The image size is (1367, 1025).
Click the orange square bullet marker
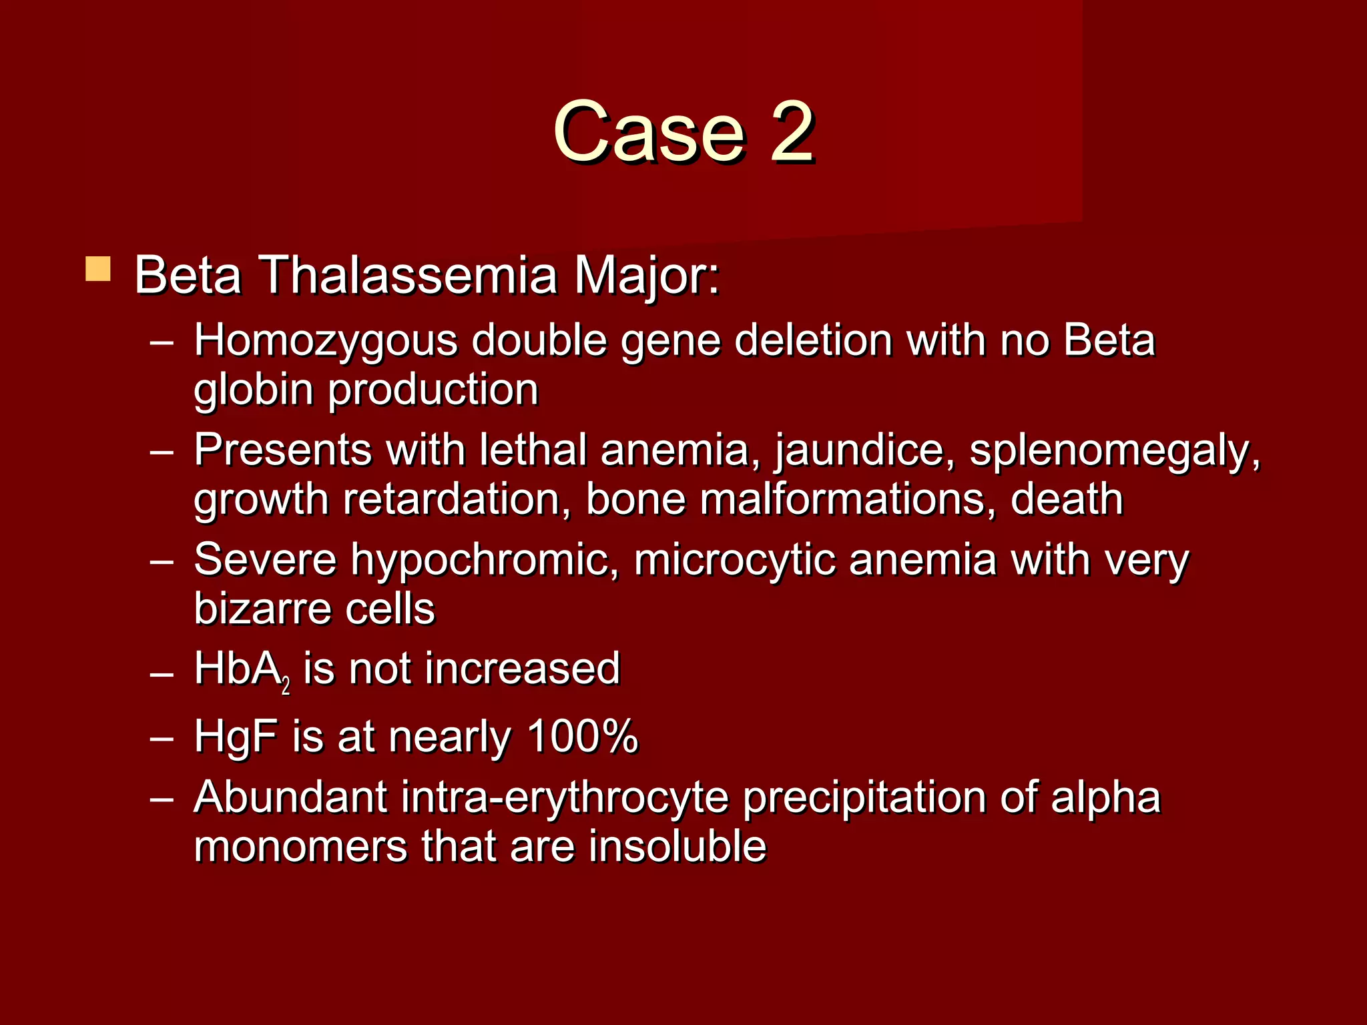click(98, 269)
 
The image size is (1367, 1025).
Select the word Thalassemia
click(407, 275)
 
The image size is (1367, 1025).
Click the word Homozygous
click(326, 342)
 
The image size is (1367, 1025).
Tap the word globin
click(253, 391)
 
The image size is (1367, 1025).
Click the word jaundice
click(865, 451)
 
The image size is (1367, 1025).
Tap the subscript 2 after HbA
click(286, 686)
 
